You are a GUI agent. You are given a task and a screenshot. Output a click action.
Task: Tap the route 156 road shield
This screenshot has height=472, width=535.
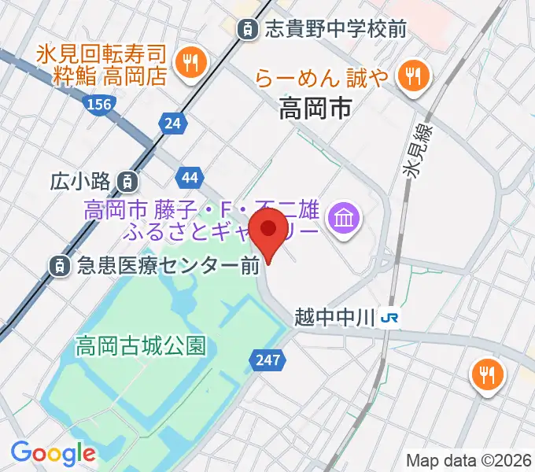(100, 104)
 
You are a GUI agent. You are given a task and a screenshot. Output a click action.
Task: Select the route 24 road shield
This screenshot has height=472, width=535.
(172, 122)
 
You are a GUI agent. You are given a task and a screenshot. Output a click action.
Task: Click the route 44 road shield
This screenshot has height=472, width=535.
(189, 178)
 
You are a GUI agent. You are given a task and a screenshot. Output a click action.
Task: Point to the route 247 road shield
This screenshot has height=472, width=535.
(265, 360)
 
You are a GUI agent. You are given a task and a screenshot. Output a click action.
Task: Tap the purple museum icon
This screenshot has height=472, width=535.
(345, 214)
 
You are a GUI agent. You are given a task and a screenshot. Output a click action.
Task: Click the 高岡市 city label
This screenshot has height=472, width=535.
(315, 109)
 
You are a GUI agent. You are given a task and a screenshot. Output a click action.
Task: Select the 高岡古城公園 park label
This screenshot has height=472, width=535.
(141, 345)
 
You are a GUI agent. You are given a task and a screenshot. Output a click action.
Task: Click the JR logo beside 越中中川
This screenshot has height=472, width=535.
(388, 318)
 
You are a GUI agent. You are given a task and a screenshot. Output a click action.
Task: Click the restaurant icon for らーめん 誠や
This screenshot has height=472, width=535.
(411, 76)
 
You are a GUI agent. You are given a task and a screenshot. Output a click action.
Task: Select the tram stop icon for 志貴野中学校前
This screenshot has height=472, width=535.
(249, 30)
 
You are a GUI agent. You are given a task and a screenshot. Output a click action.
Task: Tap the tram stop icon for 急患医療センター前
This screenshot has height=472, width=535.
(60, 267)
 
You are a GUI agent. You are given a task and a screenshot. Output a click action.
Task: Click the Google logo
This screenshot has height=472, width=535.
(53, 452)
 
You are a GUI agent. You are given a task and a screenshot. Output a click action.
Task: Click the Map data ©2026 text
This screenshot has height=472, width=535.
(469, 460)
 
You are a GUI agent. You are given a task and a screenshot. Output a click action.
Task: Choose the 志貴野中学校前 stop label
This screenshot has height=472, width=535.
(335, 30)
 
